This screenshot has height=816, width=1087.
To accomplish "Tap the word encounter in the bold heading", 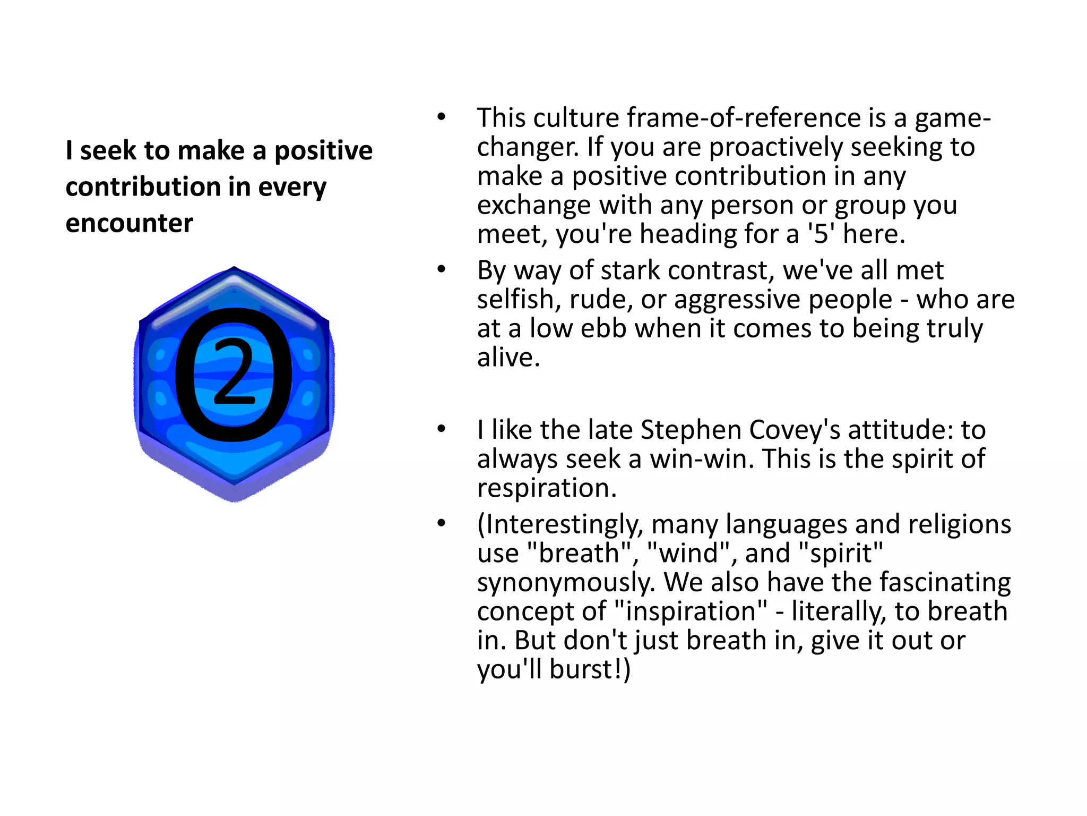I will coord(129,223).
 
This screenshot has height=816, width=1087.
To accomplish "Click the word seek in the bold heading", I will coord(108,150).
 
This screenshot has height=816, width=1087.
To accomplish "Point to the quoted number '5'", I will coord(821,234).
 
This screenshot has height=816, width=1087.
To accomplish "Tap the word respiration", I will coord(547,488).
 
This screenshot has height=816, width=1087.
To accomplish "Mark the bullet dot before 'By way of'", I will coord(441,270).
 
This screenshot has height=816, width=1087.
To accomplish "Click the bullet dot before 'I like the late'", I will coord(441,429).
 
